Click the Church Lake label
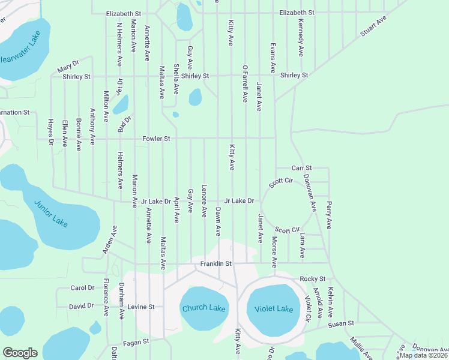(x=203, y=308)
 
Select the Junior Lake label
(x=51, y=213)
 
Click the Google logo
(x=20, y=353)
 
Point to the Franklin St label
(x=216, y=263)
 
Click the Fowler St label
(x=157, y=139)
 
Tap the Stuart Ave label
(x=373, y=26)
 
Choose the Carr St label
(x=302, y=168)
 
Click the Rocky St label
(x=312, y=279)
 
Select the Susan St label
(x=340, y=324)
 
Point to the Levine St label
(x=141, y=307)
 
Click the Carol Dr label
(x=83, y=288)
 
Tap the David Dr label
(x=81, y=306)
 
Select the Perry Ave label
(x=330, y=215)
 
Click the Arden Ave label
(x=109, y=239)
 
